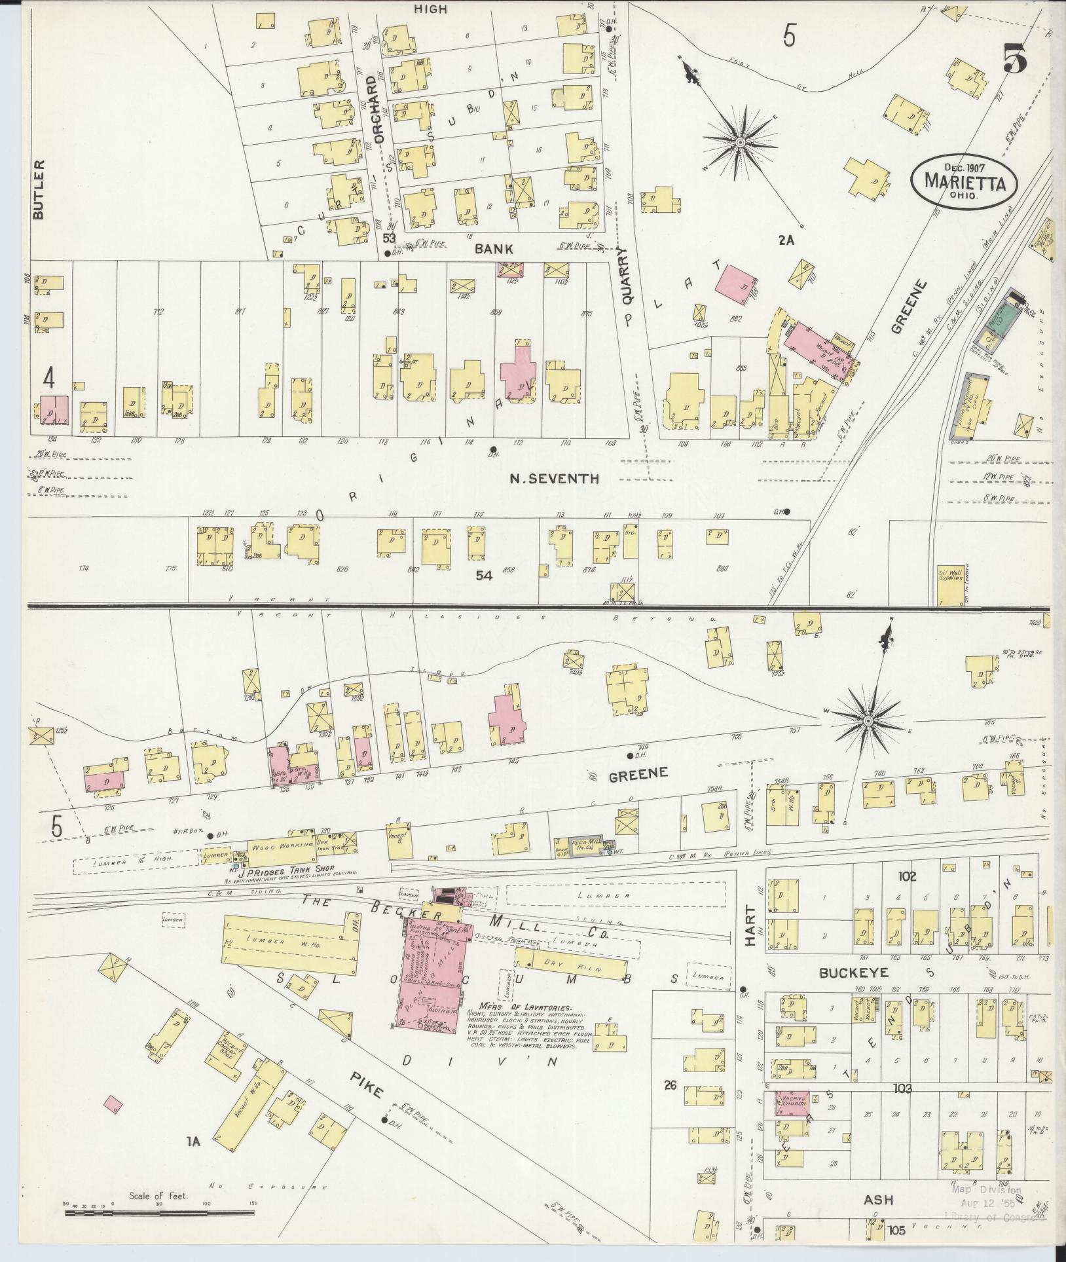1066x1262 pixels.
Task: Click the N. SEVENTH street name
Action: pos(554,479)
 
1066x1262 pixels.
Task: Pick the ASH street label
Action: pos(878,1200)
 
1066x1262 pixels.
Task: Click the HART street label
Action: pos(750,927)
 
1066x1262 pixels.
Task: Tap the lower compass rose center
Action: pos(868,721)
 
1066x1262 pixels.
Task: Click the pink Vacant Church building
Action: pos(792,1102)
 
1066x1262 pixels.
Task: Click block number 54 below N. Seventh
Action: pos(484,576)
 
